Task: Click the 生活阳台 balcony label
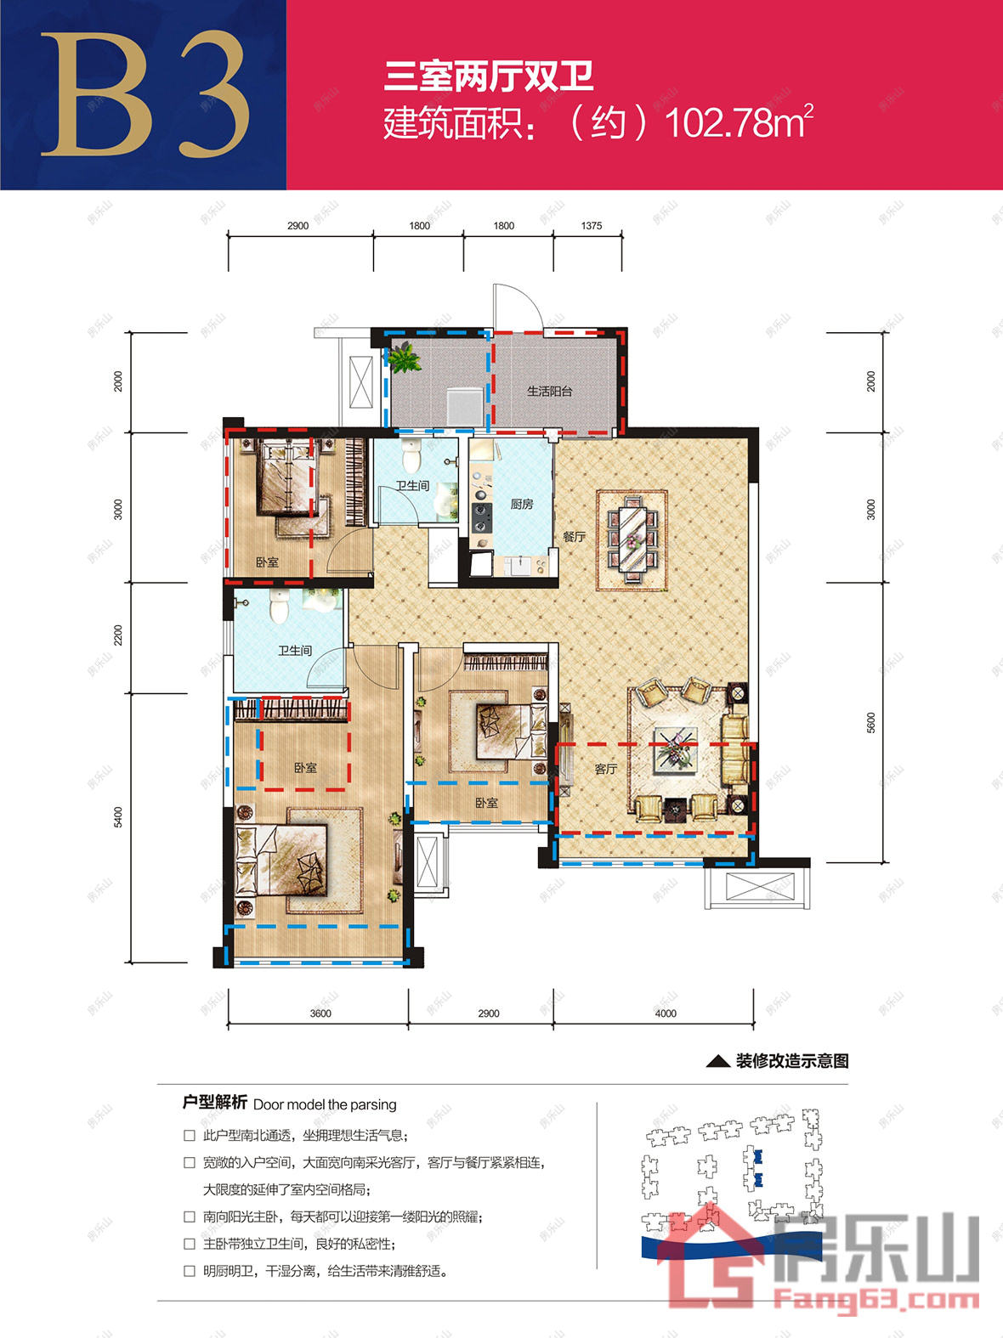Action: pyautogui.click(x=549, y=392)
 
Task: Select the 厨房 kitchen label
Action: pyautogui.click(x=522, y=504)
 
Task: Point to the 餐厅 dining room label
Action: pyautogui.click(x=575, y=536)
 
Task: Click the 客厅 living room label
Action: pyautogui.click(x=606, y=769)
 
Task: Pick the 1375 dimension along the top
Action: pyautogui.click(x=591, y=225)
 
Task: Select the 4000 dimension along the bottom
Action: pyautogui.click(x=666, y=1013)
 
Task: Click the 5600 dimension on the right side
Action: pyautogui.click(x=870, y=722)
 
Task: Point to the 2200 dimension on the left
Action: pyautogui.click(x=117, y=635)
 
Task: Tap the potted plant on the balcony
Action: pyautogui.click(x=404, y=358)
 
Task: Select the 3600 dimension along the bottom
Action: pyautogui.click(x=320, y=1013)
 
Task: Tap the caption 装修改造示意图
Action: pyautogui.click(x=792, y=1061)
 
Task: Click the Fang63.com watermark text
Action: pyautogui.click(x=876, y=1301)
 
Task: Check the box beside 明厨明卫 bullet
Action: pyautogui.click(x=190, y=1271)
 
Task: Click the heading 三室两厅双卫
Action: pyautogui.click(x=489, y=76)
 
